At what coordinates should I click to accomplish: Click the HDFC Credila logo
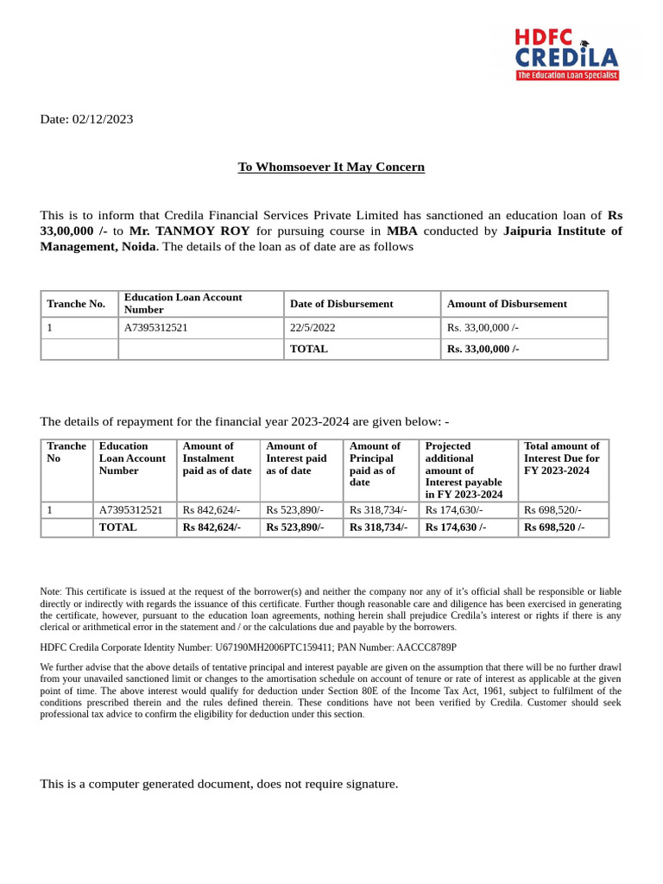(567, 54)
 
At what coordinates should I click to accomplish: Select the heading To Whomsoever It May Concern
(331, 167)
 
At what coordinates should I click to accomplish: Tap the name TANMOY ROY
(203, 230)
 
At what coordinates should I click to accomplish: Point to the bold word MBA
(401, 230)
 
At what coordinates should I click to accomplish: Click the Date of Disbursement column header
(341, 304)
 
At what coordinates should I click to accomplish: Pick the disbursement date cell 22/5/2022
(313, 327)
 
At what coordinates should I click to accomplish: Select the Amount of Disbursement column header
(507, 304)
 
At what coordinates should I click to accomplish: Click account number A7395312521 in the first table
(156, 327)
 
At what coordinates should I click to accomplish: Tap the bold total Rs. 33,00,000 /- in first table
(483, 349)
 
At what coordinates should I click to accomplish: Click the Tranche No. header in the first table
(76, 304)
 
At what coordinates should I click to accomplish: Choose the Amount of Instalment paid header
(217, 458)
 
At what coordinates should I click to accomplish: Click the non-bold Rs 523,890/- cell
(296, 510)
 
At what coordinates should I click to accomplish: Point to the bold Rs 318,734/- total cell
(378, 527)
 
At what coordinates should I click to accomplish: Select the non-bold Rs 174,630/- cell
(454, 510)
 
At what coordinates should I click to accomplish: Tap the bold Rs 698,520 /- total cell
(554, 527)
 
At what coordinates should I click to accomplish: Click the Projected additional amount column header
(464, 470)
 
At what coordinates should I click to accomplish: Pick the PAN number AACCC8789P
(426, 647)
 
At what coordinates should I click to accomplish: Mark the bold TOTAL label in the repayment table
(117, 527)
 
